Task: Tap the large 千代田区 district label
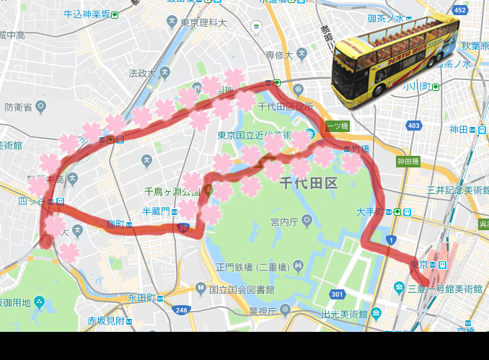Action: (309, 183)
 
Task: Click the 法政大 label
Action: (142, 73)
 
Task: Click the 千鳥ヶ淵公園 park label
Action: (172, 191)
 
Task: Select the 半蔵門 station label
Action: (156, 211)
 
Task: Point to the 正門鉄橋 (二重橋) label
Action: (252, 266)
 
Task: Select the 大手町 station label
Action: (372, 212)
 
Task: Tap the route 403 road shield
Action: (413, 126)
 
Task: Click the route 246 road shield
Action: (181, 310)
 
